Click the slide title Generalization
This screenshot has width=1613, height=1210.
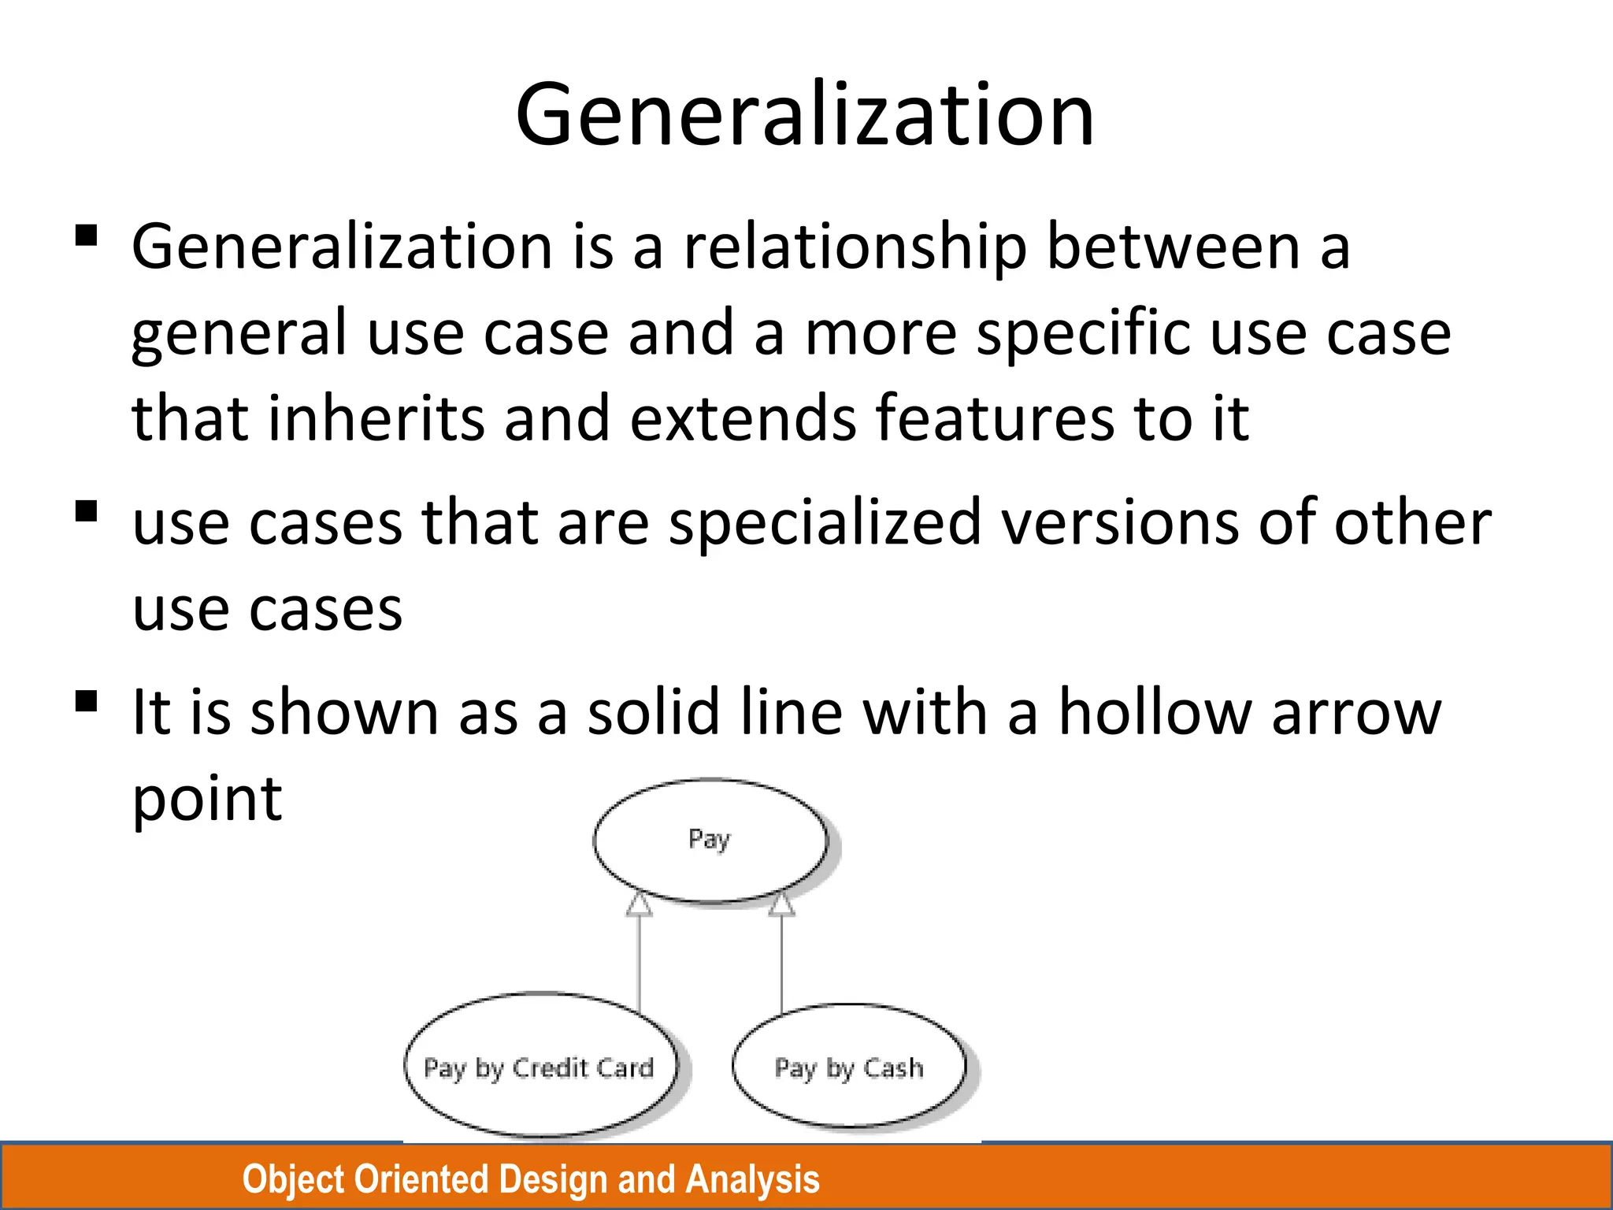point(805,115)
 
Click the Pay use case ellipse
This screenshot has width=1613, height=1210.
point(710,840)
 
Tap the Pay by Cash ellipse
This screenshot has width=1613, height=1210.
point(848,1067)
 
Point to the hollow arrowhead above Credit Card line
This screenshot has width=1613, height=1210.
point(639,905)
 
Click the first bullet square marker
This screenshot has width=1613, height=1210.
point(86,236)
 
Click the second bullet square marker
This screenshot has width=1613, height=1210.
point(86,512)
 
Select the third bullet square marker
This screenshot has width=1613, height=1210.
point(86,701)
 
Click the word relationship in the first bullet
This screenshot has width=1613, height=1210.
point(855,247)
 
